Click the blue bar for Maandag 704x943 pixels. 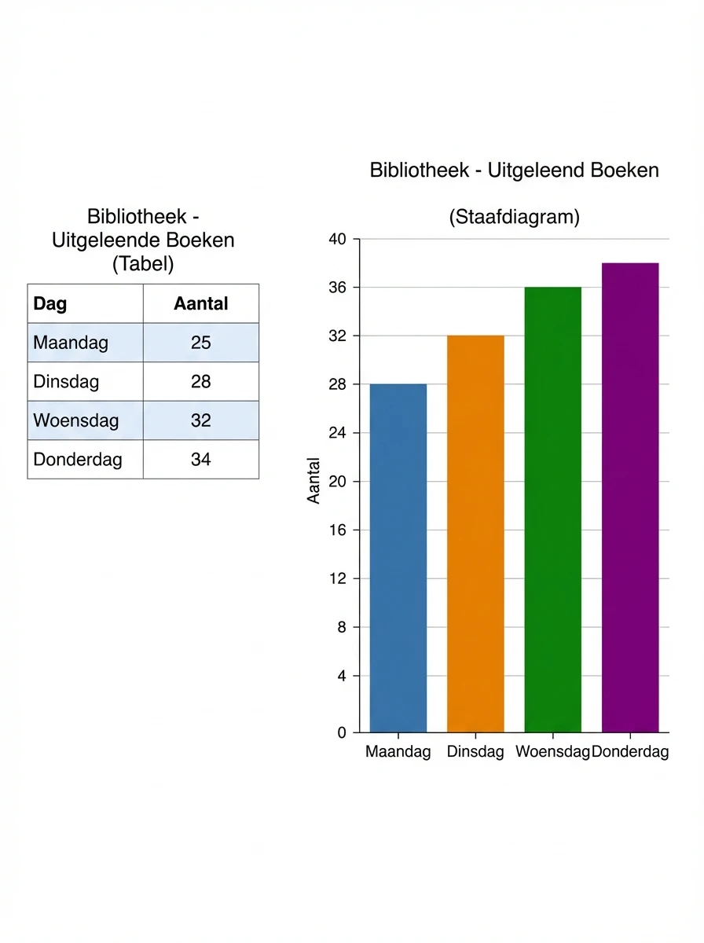tap(398, 558)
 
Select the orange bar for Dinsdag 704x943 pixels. tap(475, 534)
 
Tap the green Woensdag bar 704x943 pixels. tap(553, 510)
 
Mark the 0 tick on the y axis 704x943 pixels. tap(342, 732)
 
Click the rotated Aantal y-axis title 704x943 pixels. tap(314, 481)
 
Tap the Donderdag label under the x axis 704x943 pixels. tap(630, 752)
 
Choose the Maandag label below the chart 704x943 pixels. tap(398, 752)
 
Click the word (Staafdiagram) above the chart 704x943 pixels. tap(514, 218)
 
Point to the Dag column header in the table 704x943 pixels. tap(50, 304)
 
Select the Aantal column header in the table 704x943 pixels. tap(201, 304)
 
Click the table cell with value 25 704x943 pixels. tap(201, 343)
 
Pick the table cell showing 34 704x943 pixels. tap(201, 459)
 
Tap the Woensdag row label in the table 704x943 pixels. tap(76, 420)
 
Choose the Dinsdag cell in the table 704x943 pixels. tap(67, 382)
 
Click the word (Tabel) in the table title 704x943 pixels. tap(143, 264)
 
